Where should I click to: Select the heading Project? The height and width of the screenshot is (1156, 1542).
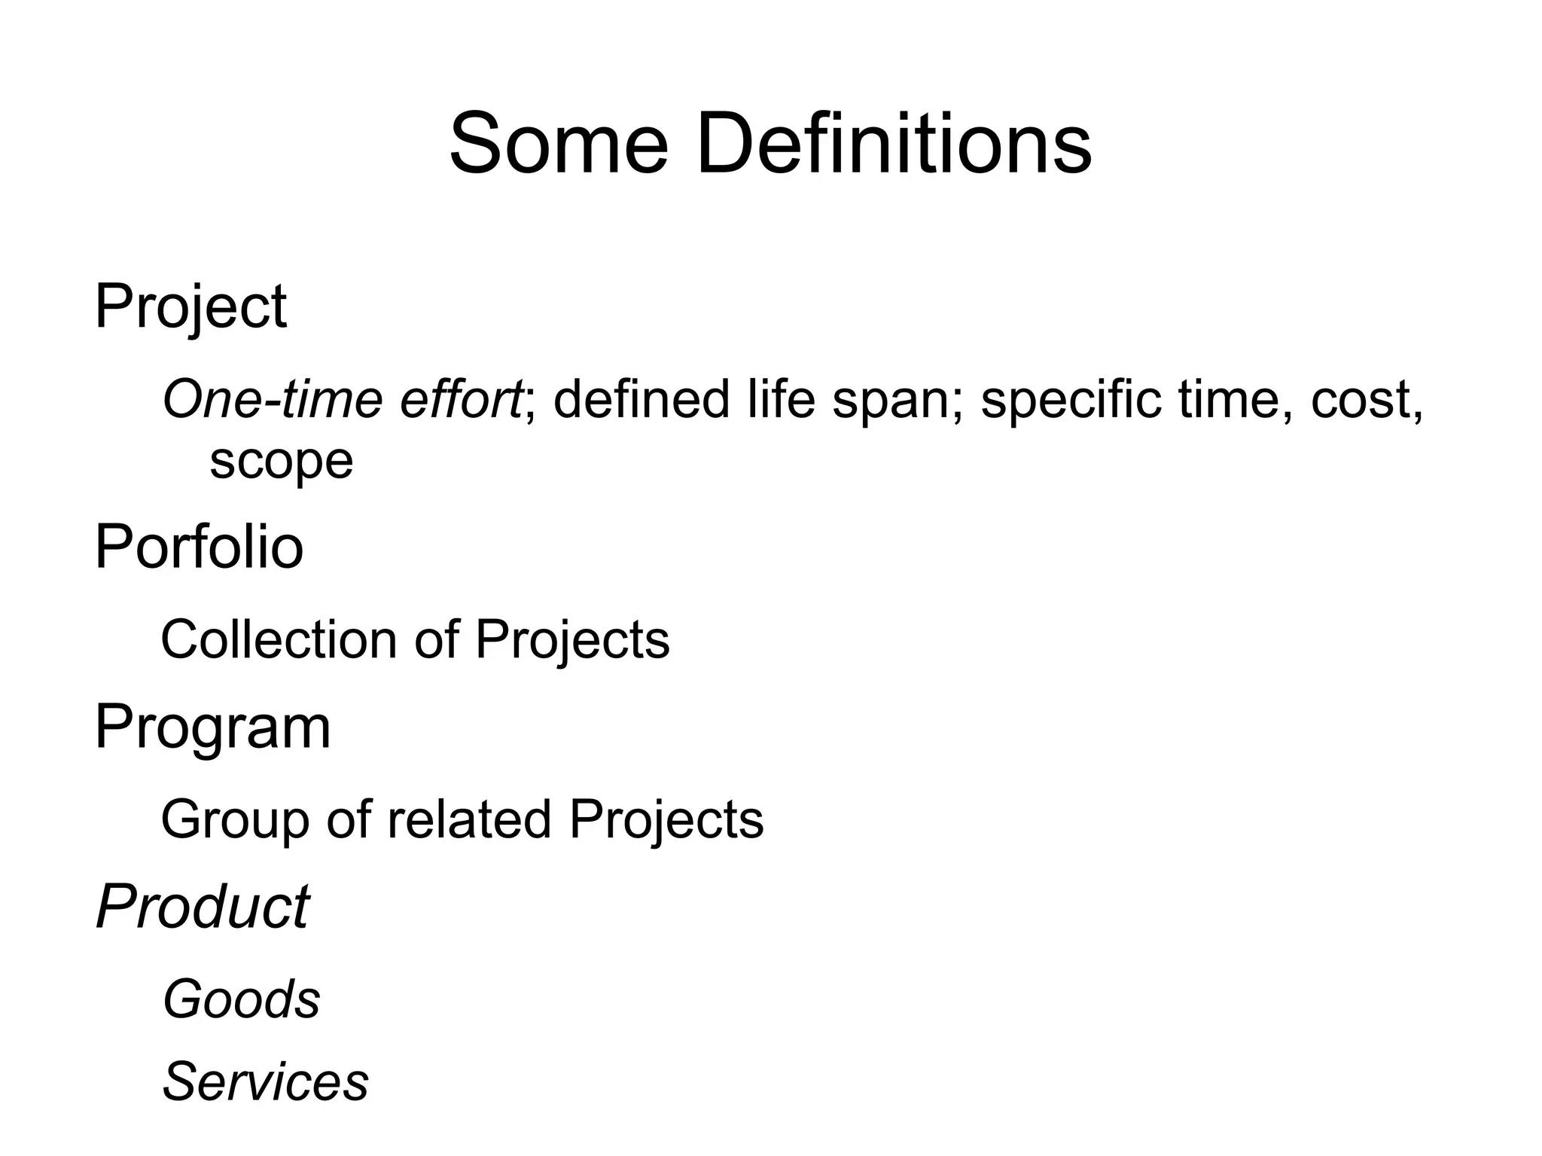(x=190, y=307)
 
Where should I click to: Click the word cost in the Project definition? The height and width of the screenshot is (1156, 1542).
(x=1365, y=400)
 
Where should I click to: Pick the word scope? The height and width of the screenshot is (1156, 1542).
(x=281, y=461)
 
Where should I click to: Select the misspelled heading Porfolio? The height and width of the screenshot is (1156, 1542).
(x=199, y=547)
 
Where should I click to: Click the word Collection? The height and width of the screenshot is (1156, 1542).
(x=279, y=639)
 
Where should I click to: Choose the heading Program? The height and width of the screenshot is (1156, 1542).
(x=212, y=727)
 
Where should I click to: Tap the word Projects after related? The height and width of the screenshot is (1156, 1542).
(x=666, y=820)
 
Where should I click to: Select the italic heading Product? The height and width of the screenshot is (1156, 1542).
(x=203, y=907)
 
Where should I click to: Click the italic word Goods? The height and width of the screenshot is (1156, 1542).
(x=242, y=999)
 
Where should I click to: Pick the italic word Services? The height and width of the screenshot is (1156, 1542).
(x=266, y=1081)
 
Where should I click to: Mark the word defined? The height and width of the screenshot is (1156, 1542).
(x=641, y=398)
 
